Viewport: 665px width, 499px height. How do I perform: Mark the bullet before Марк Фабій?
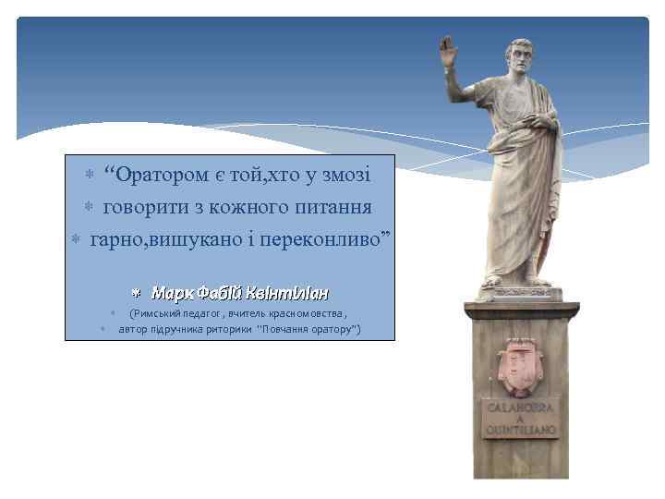pos(135,293)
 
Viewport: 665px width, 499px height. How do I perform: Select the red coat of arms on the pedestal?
pos(518,368)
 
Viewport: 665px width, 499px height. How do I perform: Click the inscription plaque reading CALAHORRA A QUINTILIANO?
pos(520,419)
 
